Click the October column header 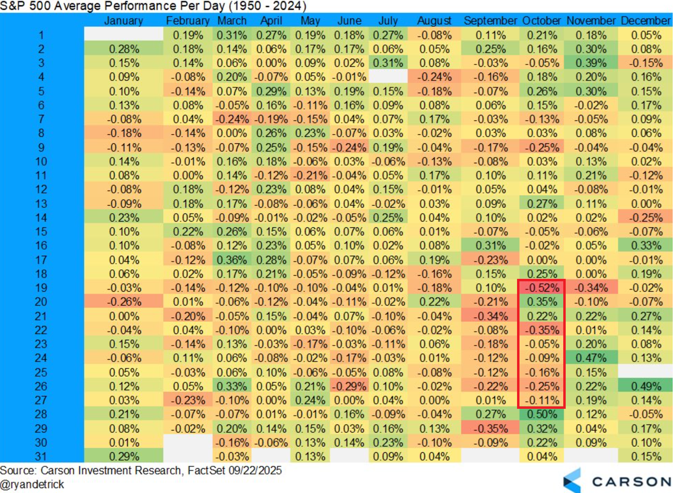click(541, 21)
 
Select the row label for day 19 click(41, 288)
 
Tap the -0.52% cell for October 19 click(542, 288)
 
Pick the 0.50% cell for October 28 click(542, 414)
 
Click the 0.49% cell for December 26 click(646, 386)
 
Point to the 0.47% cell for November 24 click(591, 358)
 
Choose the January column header click(124, 21)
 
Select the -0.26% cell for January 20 click(124, 302)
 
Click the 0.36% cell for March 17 click(232, 260)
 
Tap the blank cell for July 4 click(388, 77)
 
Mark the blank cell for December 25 click(646, 372)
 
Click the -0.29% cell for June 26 click(349, 386)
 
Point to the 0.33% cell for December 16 click(646, 246)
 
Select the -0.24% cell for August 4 click(434, 77)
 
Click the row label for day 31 click(41, 456)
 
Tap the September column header click(490, 21)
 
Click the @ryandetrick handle click(32, 484)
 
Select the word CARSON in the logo click(631, 482)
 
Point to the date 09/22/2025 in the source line click(255, 471)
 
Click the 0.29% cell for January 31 click(124, 456)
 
